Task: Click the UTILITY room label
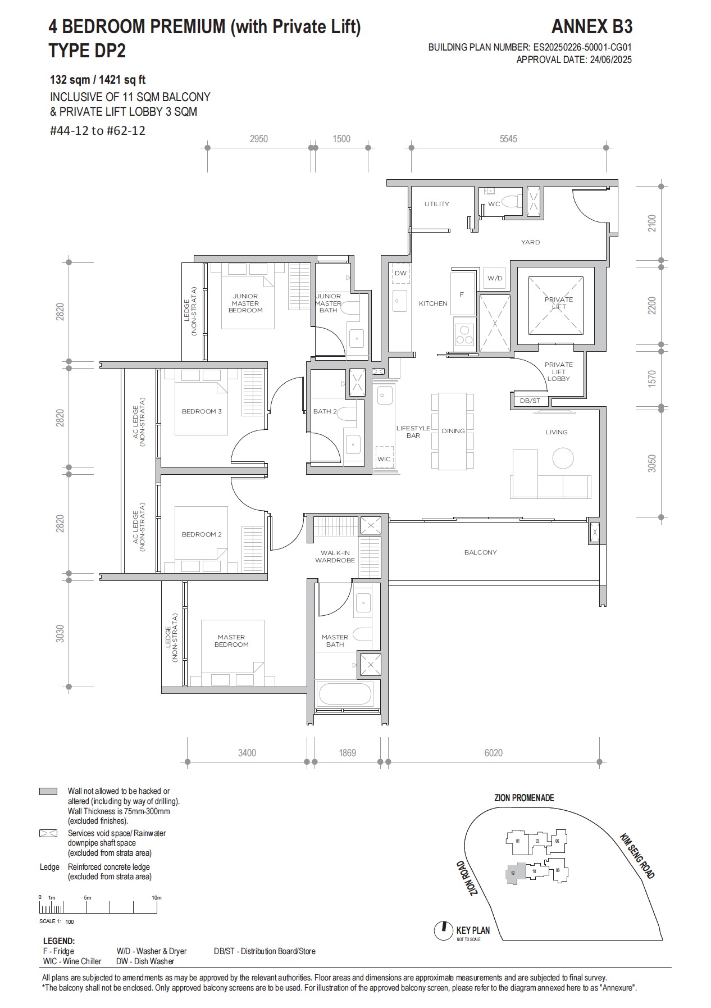pos(436,204)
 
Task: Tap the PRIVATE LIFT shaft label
pos(558,303)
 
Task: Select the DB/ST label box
pos(530,401)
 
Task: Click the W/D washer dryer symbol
pos(495,278)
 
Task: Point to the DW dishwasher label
pos(400,274)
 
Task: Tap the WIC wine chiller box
pos(384,458)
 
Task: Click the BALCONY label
pos(480,552)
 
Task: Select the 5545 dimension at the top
pos(508,139)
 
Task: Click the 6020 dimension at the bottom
pos(493,753)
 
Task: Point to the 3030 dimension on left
pos(60,634)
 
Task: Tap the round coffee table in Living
pos(563,458)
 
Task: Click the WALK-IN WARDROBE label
pos(335,556)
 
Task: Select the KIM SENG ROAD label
pos(637,856)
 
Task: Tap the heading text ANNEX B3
pos(591,27)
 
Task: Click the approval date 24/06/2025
pos(609,60)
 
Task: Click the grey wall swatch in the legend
pos(48,792)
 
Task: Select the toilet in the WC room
pos(512,201)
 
